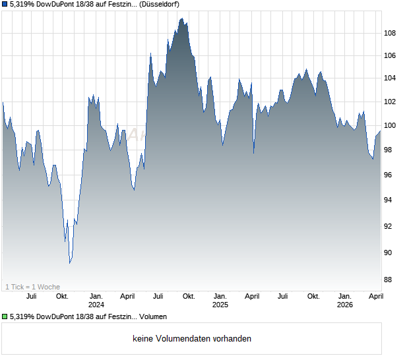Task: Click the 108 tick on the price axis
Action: pyautogui.click(x=391, y=33)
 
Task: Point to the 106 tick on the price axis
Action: pyautogui.click(x=391, y=55)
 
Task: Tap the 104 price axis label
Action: pyautogui.click(x=391, y=78)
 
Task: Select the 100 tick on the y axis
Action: pyautogui.click(x=391, y=125)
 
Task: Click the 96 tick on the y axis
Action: pyautogui.click(x=391, y=175)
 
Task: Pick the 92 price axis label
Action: pyautogui.click(x=391, y=226)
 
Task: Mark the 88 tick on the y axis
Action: pyautogui.click(x=391, y=280)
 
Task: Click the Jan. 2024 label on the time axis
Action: pyautogui.click(x=96, y=301)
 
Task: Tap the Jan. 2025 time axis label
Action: pyautogui.click(x=220, y=301)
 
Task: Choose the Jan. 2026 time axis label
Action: pyautogui.click(x=344, y=301)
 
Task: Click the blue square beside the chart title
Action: pyautogui.click(x=5, y=5)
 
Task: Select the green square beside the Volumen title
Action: pyautogui.click(x=5, y=317)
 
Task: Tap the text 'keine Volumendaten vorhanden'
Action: pyautogui.click(x=191, y=339)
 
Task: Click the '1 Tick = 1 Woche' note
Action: pyautogui.click(x=33, y=287)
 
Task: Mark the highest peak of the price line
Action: pyautogui.click(x=181, y=18)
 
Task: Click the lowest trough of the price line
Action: pyautogui.click(x=70, y=263)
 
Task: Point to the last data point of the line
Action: pyautogui.click(x=381, y=131)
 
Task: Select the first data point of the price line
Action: pyautogui.click(x=3, y=102)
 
